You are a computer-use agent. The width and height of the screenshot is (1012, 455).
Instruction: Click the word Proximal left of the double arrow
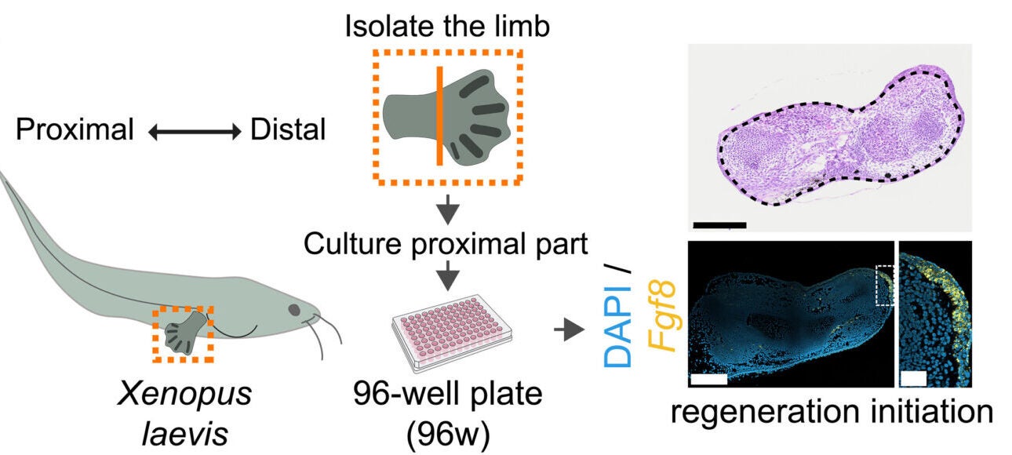[75, 130]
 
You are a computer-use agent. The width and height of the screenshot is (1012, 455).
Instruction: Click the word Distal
[288, 130]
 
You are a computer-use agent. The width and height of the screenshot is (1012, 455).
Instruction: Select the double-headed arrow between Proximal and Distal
[193, 132]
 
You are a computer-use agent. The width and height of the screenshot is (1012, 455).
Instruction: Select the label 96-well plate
[447, 393]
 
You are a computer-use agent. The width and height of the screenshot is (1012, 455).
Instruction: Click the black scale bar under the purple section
[719, 225]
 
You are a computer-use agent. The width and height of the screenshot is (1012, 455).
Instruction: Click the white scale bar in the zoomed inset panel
[914, 378]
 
